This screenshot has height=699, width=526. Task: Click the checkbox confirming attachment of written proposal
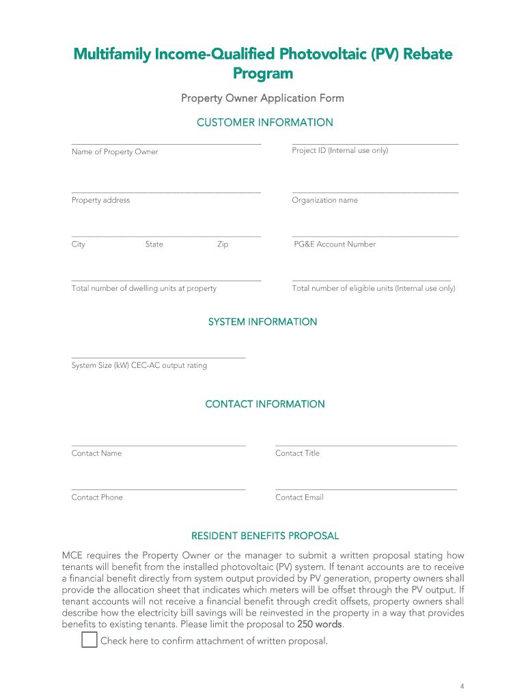point(89,640)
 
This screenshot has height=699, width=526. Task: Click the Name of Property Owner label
point(115,152)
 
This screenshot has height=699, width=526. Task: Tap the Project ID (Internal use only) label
point(340,150)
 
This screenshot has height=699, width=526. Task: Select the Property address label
point(100,200)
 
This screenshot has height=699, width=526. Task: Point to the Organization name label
point(324,200)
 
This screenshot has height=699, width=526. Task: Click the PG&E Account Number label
point(335,244)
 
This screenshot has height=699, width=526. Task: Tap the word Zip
point(223,244)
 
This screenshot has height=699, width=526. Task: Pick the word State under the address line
point(154,244)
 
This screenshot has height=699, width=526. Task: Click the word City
point(79,244)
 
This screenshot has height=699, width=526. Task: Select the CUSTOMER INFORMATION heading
point(264,123)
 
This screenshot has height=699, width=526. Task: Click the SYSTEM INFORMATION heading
point(262,322)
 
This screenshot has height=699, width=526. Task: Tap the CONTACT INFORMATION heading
point(264,404)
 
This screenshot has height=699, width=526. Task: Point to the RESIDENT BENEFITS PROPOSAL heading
point(264,536)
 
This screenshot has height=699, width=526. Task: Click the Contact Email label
point(299,497)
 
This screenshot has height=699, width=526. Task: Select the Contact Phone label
point(97,497)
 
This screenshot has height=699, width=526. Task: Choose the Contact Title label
point(297,453)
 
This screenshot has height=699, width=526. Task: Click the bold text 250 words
point(320,624)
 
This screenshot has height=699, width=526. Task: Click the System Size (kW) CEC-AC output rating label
point(139,365)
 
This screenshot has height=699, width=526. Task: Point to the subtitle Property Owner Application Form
point(262,98)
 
